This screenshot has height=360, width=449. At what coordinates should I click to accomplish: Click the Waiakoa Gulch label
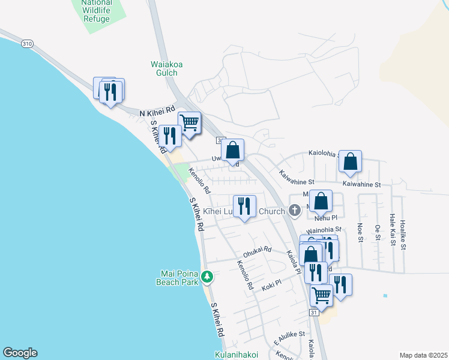pyautogui.click(x=163, y=68)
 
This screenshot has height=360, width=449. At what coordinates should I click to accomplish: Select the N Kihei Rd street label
pyautogui.click(x=157, y=112)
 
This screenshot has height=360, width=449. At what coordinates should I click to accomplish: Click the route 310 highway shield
pyautogui.click(x=26, y=44)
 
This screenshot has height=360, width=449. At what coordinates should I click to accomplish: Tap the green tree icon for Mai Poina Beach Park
pyautogui.click(x=207, y=276)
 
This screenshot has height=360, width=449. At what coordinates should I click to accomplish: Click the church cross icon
pyautogui.click(x=294, y=210)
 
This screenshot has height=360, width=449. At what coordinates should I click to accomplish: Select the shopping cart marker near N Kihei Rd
pyautogui.click(x=190, y=124)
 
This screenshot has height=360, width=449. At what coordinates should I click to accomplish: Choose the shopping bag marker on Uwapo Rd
pyautogui.click(x=232, y=151)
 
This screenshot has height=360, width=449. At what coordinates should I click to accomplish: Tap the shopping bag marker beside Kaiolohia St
pyautogui.click(x=351, y=161)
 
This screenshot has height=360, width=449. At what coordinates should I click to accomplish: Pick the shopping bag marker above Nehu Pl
pyautogui.click(x=321, y=202)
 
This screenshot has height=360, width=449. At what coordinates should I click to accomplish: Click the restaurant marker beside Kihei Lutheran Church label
pyautogui.click(x=244, y=206)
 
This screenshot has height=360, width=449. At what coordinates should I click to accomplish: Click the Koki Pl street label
pyautogui.click(x=273, y=288)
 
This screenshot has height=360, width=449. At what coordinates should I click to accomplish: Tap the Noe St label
pyautogui.click(x=360, y=233)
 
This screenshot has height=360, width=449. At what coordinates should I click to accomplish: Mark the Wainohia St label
pyautogui.click(x=324, y=229)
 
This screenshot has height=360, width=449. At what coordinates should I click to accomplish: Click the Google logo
pyautogui.click(x=20, y=353)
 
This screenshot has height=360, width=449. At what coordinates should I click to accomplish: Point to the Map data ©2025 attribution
pyautogui.click(x=424, y=355)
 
